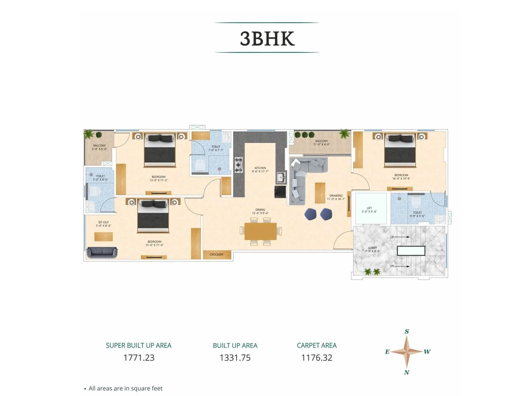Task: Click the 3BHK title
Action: pos(267,38)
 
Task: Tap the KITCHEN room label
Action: pos(260,168)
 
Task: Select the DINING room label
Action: pos(260,210)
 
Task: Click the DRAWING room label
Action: pos(336,196)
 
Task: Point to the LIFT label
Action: pos(369,208)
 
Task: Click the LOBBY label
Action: pos(373,248)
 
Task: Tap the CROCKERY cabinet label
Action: pos(216,254)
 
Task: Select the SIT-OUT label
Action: pos(103,222)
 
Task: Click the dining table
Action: pos(260,231)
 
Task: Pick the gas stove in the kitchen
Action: pos(238,165)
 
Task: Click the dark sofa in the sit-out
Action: pos(102,252)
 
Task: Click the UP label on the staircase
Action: pos(392,237)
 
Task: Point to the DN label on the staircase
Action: pos(392,266)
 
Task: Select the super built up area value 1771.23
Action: pos(139,358)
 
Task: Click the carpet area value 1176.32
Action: pos(316,358)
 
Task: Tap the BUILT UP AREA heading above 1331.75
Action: pos(235,346)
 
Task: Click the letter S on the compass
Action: pos(407,331)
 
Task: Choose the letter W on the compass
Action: pos(427,352)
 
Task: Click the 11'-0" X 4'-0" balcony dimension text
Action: pos(321,145)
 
